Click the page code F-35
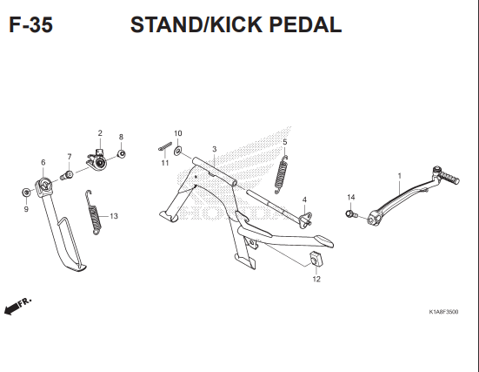click(30, 24)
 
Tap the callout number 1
click(399, 176)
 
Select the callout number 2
click(100, 133)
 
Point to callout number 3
click(214, 150)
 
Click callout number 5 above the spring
click(285, 141)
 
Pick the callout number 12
click(316, 280)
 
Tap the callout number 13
click(114, 216)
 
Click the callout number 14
click(351, 197)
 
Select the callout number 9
click(26, 209)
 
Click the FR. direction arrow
click(17, 305)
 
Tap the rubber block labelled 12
click(315, 259)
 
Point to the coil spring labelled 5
click(282, 171)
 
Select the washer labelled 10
click(177, 151)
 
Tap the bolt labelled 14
click(351, 213)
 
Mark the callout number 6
click(43, 163)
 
